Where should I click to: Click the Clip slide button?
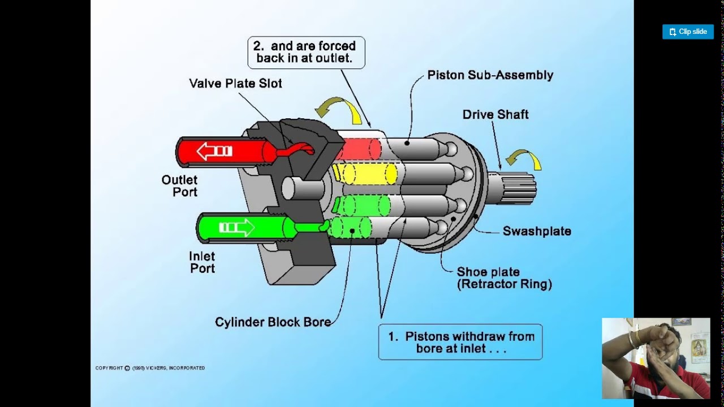tap(688, 32)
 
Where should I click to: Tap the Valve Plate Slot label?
tap(235, 84)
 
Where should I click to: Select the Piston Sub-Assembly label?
tap(490, 75)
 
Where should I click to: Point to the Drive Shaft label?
tap(495, 115)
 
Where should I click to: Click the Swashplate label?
tap(537, 231)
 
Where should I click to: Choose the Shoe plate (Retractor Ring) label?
tap(504, 278)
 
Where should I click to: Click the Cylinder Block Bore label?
tap(273, 322)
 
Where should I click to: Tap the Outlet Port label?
tap(179, 186)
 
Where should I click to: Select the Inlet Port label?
tap(202, 262)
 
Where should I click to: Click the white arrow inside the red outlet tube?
tap(214, 151)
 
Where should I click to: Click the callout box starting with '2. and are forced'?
tap(306, 53)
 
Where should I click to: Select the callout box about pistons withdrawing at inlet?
tap(460, 342)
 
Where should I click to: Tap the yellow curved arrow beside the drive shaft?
tap(524, 159)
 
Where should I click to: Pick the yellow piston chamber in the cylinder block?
tap(367, 174)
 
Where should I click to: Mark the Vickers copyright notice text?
tap(150, 368)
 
